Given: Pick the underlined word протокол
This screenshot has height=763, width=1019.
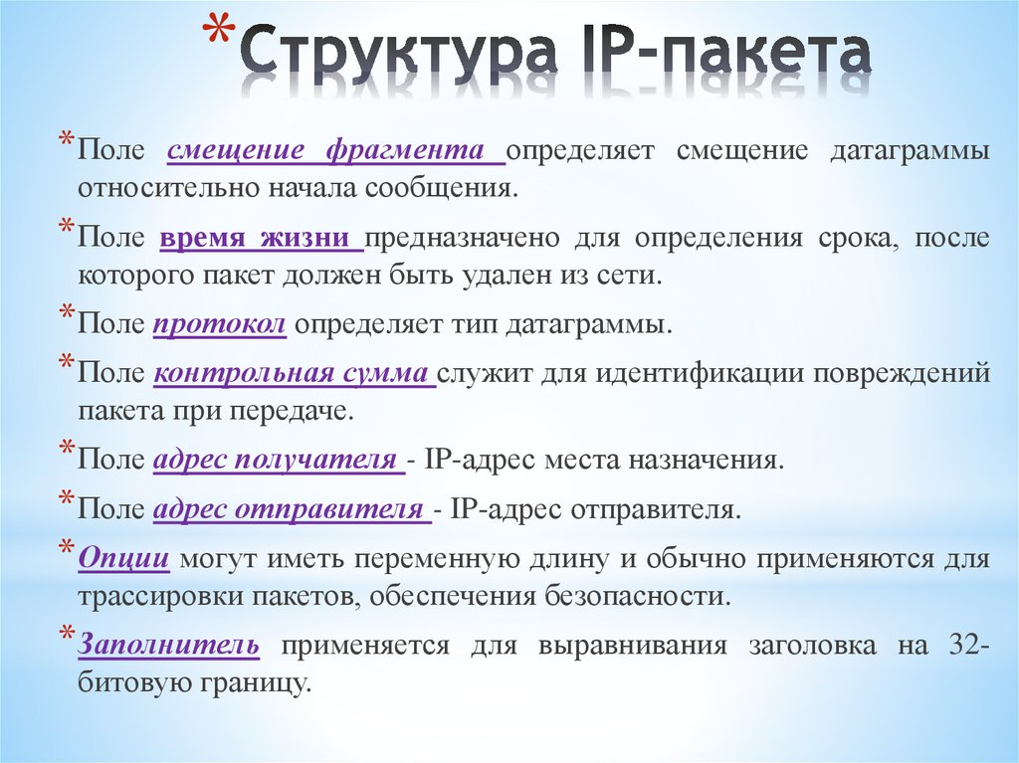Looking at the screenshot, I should [220, 324].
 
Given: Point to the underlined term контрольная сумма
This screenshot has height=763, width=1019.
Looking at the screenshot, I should [295, 374].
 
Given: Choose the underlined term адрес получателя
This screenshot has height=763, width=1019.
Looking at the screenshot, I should [278, 461].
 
